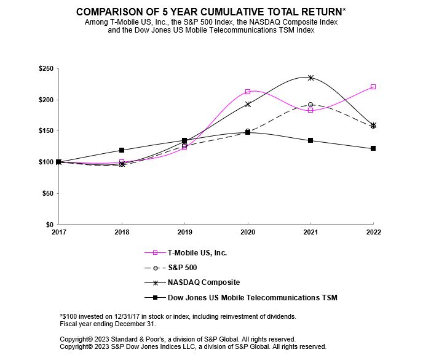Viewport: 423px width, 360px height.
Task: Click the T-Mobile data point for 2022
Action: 373,87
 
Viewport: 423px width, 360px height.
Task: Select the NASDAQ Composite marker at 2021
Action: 310,78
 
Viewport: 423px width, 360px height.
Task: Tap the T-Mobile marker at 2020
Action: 248,92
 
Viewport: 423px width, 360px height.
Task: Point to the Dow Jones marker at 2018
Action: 122,150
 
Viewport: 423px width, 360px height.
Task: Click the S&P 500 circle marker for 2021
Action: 310,105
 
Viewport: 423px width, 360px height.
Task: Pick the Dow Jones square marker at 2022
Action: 373,148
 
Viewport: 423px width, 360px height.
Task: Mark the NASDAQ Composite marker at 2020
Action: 248,104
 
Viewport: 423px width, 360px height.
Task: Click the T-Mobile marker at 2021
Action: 310,110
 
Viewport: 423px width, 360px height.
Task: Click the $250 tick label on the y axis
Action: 45,69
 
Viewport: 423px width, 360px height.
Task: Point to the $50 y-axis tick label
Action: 47,193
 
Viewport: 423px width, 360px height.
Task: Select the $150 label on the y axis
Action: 45,131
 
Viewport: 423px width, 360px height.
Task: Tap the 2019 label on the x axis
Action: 184,232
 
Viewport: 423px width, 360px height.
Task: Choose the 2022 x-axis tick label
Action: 373,232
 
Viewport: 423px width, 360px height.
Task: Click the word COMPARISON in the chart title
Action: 108,12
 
